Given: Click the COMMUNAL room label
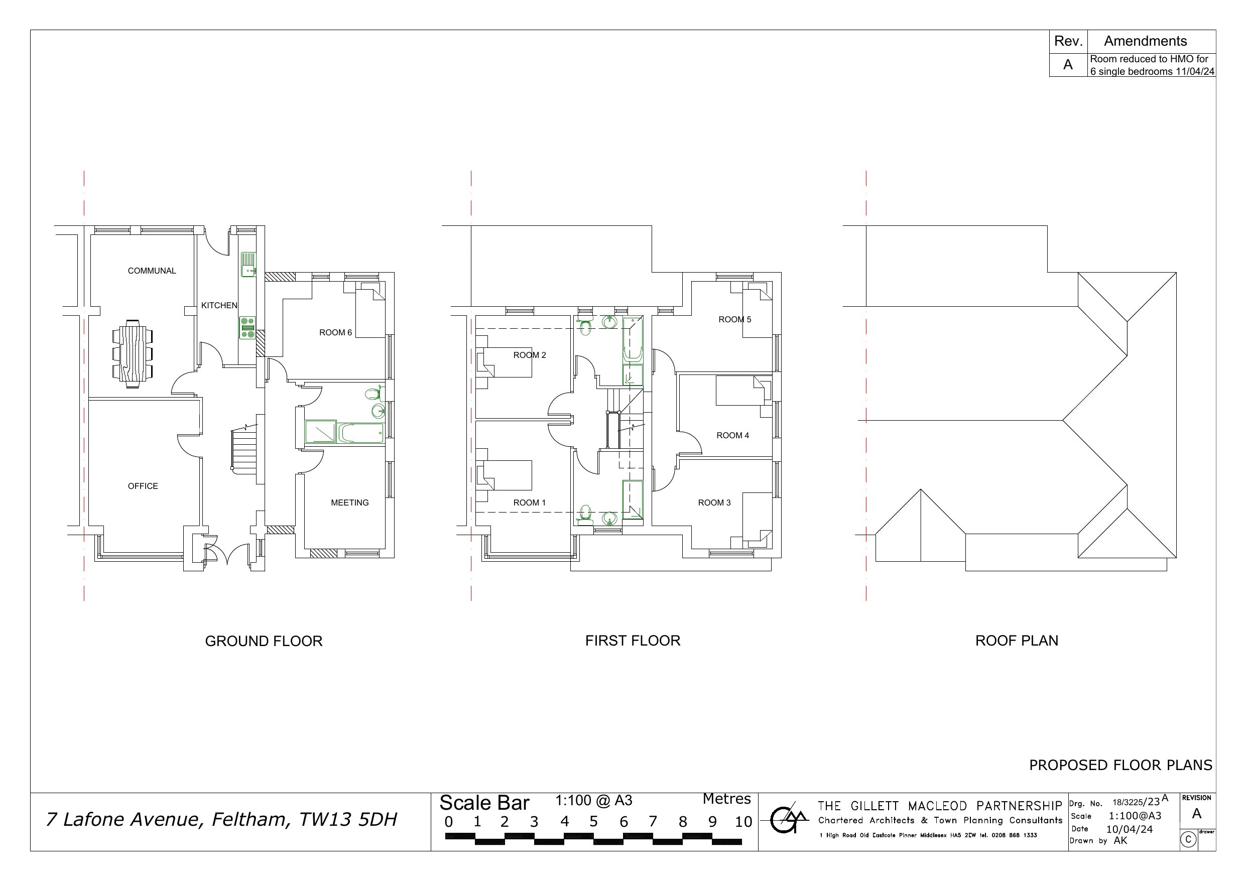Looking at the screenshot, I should (152, 271).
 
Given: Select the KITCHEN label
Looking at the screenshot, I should (219, 306).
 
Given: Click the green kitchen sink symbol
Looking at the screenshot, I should (248, 265).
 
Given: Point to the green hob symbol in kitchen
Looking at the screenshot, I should (247, 328).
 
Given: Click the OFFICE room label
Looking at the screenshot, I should (143, 486).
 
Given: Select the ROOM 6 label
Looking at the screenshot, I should (335, 333).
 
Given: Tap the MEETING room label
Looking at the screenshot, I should (349, 502).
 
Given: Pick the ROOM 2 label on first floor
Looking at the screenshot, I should (530, 355).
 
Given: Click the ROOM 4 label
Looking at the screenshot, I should (732, 435).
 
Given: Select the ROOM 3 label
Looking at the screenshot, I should (714, 502).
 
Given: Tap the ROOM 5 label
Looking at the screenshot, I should (735, 320).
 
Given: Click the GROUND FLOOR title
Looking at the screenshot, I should (264, 641).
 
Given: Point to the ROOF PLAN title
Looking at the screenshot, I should (1017, 641).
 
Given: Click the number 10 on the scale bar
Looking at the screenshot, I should (743, 822).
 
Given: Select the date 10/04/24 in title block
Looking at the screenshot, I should (1130, 829).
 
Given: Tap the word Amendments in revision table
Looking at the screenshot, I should (1145, 41).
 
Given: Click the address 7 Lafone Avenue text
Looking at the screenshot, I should (221, 819).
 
